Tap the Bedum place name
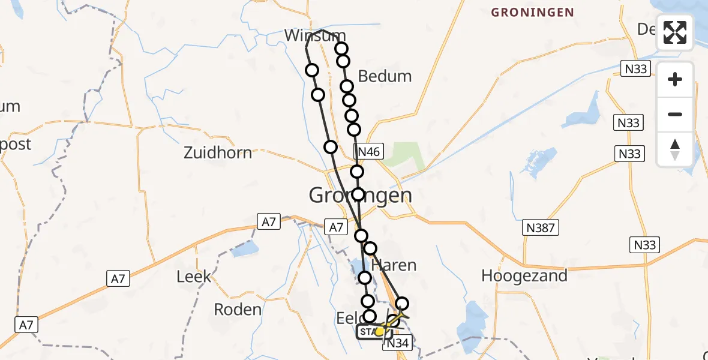click(x=385, y=76)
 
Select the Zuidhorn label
click(x=218, y=152)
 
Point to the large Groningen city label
click(x=360, y=195)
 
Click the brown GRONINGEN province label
click(x=532, y=12)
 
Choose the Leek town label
click(x=194, y=276)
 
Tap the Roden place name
click(x=238, y=310)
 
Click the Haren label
click(x=394, y=265)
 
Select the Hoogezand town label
click(x=524, y=276)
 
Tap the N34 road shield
click(x=397, y=343)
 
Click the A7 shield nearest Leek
click(x=118, y=278)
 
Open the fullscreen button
click(x=675, y=32)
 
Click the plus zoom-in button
click(x=675, y=79)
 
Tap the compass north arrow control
click(x=675, y=149)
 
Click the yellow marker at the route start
click(x=379, y=331)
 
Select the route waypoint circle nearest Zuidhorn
click(x=331, y=147)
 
